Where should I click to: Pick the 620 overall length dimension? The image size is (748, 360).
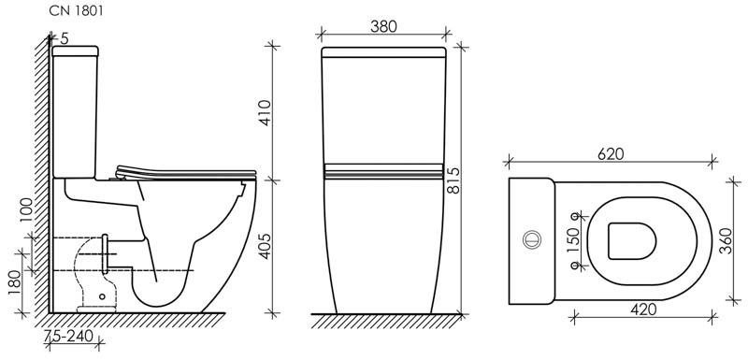(609, 153)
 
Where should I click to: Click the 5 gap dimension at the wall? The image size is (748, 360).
(64, 38)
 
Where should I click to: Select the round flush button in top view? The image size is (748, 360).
(533, 238)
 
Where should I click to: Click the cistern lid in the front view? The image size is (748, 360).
(382, 51)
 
